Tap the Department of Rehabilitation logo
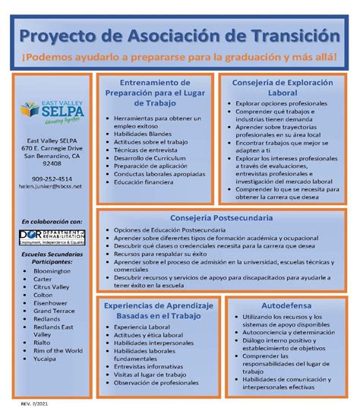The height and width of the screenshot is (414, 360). pos(52,238)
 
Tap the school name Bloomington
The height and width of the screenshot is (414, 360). pos(54,270)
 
